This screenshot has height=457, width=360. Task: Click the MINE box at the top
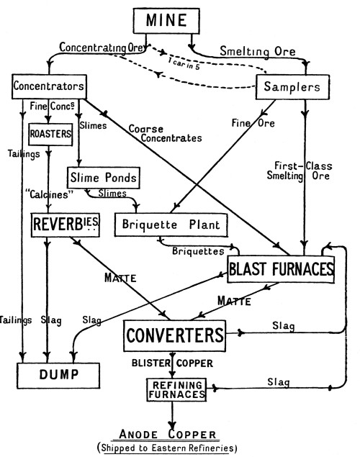pyautogui.click(x=166, y=21)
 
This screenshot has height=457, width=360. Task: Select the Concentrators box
pyautogui.click(x=49, y=86)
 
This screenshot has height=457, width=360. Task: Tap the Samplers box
pyautogui.click(x=292, y=87)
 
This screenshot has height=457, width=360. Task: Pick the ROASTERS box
pyautogui.click(x=50, y=135)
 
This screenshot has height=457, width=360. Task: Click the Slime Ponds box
pyautogui.click(x=104, y=178)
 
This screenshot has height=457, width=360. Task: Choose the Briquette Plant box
pyautogui.click(x=171, y=225)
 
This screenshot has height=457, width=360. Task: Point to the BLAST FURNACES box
pyautogui.click(x=281, y=269)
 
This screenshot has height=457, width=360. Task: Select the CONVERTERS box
pyautogui.click(x=175, y=336)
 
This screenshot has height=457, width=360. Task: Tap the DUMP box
pyautogui.click(x=58, y=376)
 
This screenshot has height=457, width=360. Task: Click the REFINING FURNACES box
pyautogui.click(x=176, y=389)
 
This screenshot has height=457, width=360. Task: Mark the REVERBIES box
pyautogui.click(x=66, y=225)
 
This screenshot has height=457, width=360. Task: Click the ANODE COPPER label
pyautogui.click(x=168, y=434)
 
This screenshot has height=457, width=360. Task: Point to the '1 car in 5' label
pyautogui.click(x=184, y=63)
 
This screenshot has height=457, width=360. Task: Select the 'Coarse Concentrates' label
pyautogui.click(x=166, y=133)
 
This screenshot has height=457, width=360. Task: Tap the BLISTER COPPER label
pyautogui.click(x=172, y=363)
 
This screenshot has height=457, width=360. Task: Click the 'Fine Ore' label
pyautogui.click(x=253, y=123)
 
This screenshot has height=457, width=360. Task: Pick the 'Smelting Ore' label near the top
pyautogui.click(x=258, y=52)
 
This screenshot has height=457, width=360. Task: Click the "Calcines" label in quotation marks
pyautogui.click(x=49, y=194)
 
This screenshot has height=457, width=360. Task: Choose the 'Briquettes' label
pyautogui.click(x=198, y=251)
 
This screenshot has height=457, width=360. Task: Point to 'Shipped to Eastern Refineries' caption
pyautogui.click(x=167, y=448)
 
